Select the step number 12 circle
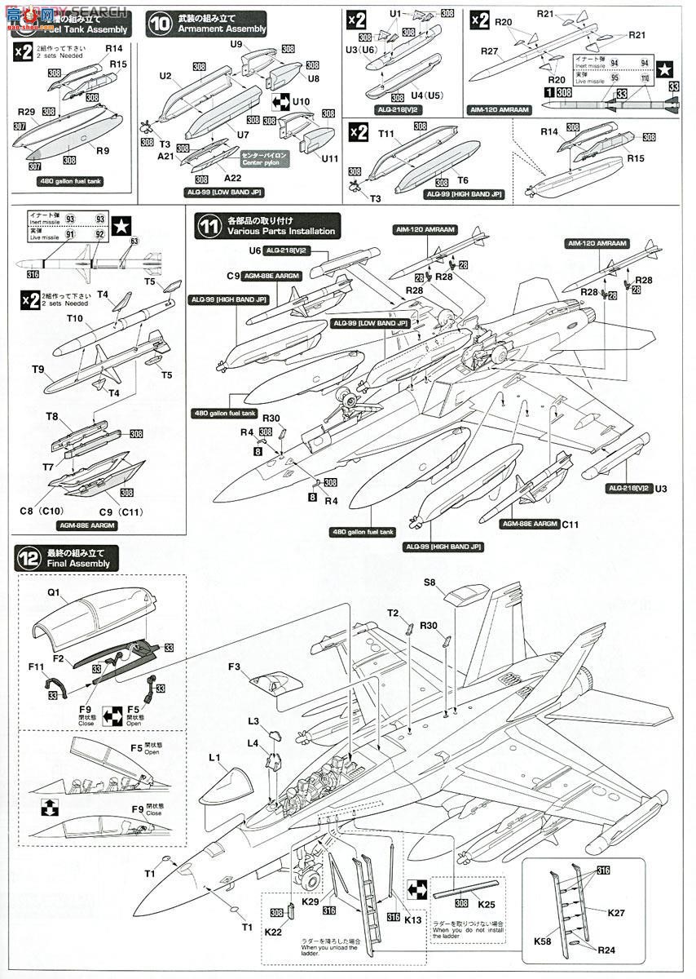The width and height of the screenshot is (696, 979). pyautogui.click(x=28, y=558)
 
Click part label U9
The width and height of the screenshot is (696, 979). pyautogui.click(x=237, y=44)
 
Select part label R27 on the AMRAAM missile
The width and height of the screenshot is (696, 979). pyautogui.click(x=490, y=51)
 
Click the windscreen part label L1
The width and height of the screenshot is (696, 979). pyautogui.click(x=215, y=758)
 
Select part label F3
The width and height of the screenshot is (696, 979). pyautogui.click(x=235, y=667)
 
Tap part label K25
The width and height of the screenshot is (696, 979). pyautogui.click(x=487, y=905)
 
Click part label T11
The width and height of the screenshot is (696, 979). pyautogui.click(x=386, y=134)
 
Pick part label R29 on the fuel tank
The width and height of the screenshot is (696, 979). pyautogui.click(x=25, y=110)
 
